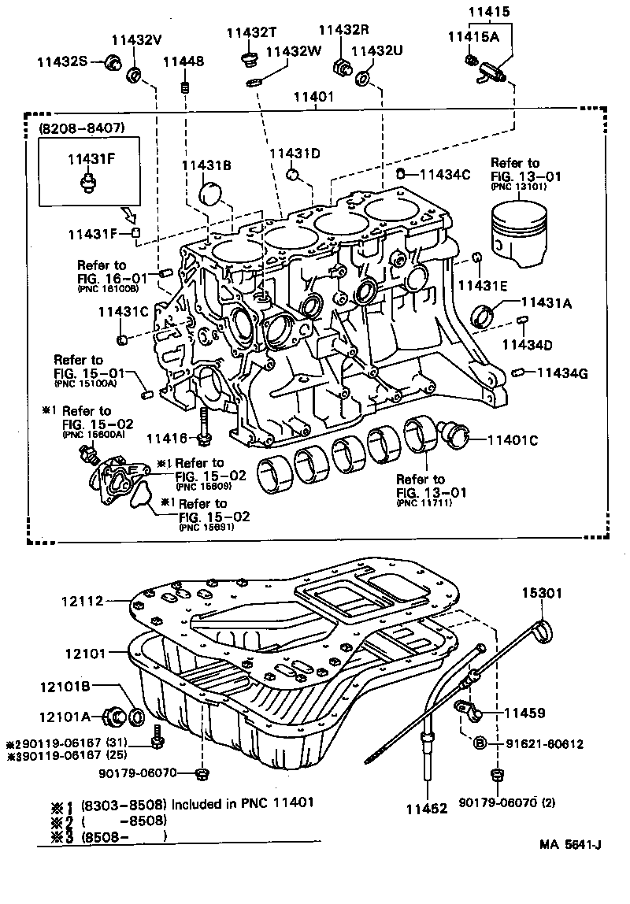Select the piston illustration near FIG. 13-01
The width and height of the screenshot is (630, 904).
[519, 228]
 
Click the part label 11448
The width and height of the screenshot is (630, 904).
[183, 61]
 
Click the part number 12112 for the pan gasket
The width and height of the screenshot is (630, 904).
[82, 601]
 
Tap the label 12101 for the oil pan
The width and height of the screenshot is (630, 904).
[83, 653]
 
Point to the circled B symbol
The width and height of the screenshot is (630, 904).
[480, 742]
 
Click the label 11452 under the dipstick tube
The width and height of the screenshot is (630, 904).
[427, 807]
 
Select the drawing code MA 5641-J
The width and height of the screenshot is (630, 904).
[570, 846]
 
